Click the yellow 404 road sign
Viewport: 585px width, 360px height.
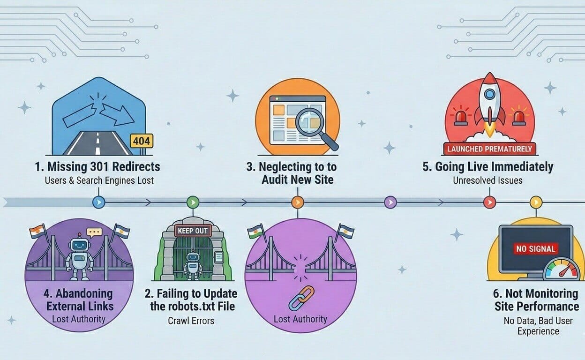141,141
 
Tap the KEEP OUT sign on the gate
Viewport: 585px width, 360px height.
193,231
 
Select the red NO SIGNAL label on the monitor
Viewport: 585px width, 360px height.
536,249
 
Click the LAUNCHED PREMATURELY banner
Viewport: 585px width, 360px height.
490,149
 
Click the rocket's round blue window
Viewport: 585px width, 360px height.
489,93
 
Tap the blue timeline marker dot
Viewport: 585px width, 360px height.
99,202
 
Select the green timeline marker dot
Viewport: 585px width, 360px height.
193,202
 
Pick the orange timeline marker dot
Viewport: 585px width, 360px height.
298,202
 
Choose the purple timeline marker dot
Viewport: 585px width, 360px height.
390,202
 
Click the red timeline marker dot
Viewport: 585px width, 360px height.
490,202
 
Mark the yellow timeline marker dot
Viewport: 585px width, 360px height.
536,202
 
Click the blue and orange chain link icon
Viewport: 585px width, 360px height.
301,298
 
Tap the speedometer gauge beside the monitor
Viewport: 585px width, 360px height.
562,270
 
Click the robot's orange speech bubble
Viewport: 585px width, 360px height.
94,232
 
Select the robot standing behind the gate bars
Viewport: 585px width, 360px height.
193,266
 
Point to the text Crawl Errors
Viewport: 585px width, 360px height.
191,321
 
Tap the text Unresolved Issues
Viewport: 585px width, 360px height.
487,180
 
